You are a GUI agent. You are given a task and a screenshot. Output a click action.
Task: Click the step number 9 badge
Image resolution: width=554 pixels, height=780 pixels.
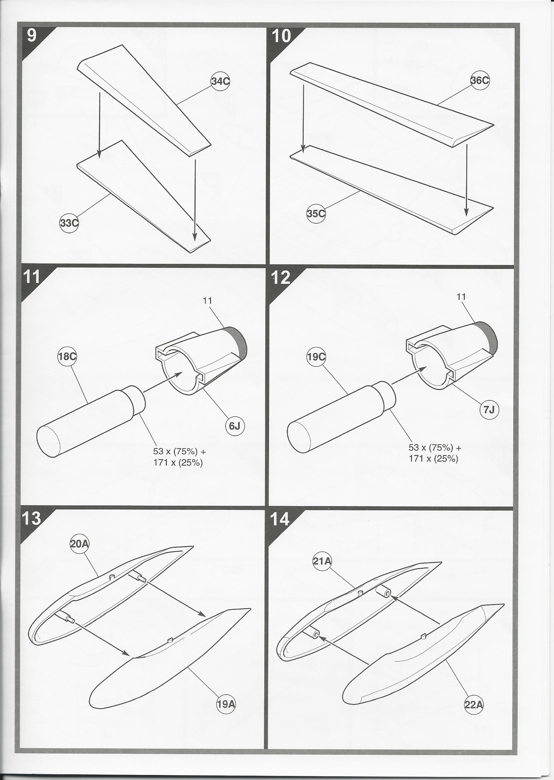click(x=31, y=36)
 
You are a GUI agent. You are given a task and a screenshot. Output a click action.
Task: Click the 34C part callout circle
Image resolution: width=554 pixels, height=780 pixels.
click(x=220, y=82)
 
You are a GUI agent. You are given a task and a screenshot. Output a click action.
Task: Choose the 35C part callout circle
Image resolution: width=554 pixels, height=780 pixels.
click(x=316, y=214)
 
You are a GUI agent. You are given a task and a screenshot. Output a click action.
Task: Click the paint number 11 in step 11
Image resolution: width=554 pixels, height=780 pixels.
click(x=207, y=300)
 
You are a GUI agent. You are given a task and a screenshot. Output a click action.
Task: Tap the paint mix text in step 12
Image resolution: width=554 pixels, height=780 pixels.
click(x=433, y=453)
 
